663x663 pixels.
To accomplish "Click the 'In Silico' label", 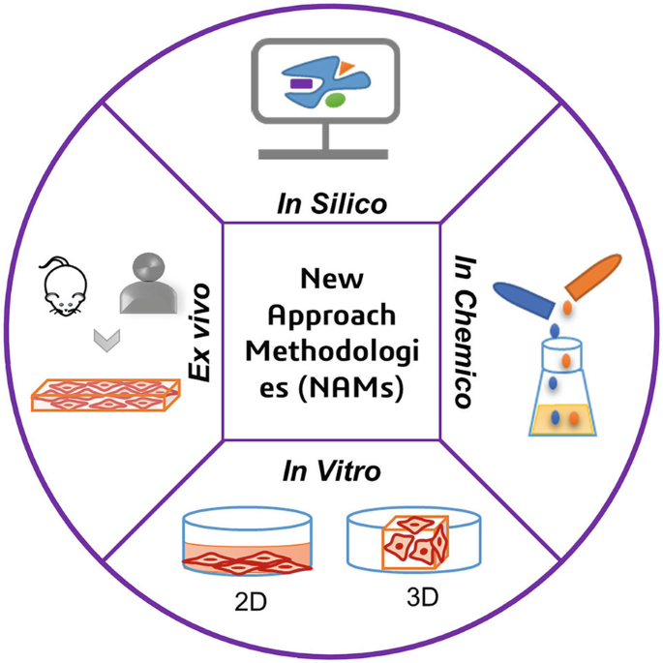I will point(331,204).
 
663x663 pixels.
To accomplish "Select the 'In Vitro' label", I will point(331,472).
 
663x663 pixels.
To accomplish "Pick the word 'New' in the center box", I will point(331,280).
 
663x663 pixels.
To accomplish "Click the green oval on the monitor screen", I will point(335,99).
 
